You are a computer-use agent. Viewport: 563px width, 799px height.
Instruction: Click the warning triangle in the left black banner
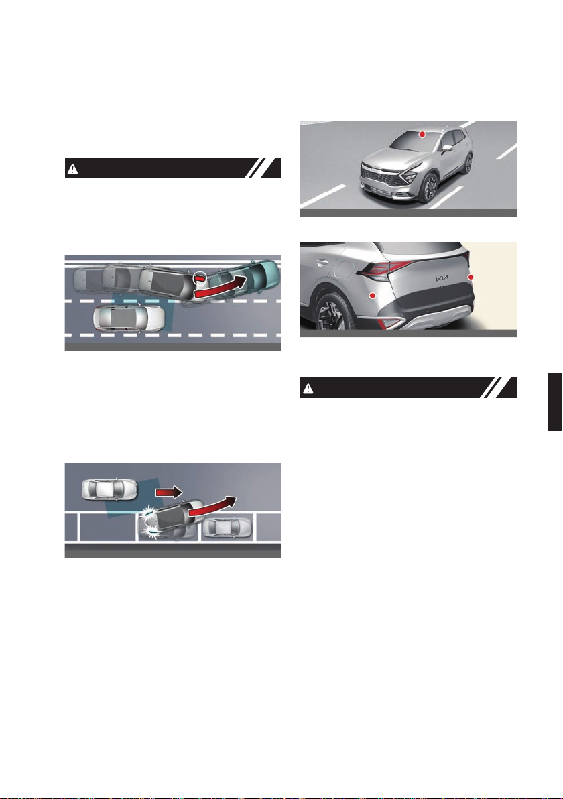pyautogui.click(x=73, y=169)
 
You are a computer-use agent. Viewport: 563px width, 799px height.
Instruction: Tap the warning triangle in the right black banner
pyautogui.click(x=308, y=389)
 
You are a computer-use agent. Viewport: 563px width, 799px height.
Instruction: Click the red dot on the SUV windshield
pyautogui.click(x=422, y=134)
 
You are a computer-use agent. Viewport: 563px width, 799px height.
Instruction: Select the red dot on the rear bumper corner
pyautogui.click(x=373, y=296)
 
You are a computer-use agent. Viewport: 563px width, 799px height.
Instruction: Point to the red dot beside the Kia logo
pyautogui.click(x=471, y=277)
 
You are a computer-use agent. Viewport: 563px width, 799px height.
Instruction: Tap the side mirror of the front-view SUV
pyautogui.click(x=447, y=148)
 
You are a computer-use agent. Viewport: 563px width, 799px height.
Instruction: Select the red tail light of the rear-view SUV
pyautogui.click(x=385, y=269)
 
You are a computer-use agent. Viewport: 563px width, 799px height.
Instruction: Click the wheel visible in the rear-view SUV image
pyautogui.click(x=332, y=314)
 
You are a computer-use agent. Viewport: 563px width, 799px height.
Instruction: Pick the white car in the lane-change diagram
pyautogui.click(x=129, y=318)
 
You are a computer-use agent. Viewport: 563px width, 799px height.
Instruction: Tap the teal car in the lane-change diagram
pyautogui.click(x=248, y=278)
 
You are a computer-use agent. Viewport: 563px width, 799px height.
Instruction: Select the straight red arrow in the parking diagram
pyautogui.click(x=169, y=492)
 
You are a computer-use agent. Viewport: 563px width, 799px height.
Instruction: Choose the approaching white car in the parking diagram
pyautogui.click(x=109, y=490)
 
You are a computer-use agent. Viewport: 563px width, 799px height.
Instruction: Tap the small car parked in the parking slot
pyautogui.click(x=227, y=528)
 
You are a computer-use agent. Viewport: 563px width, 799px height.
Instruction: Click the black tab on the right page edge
pyautogui.click(x=556, y=402)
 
